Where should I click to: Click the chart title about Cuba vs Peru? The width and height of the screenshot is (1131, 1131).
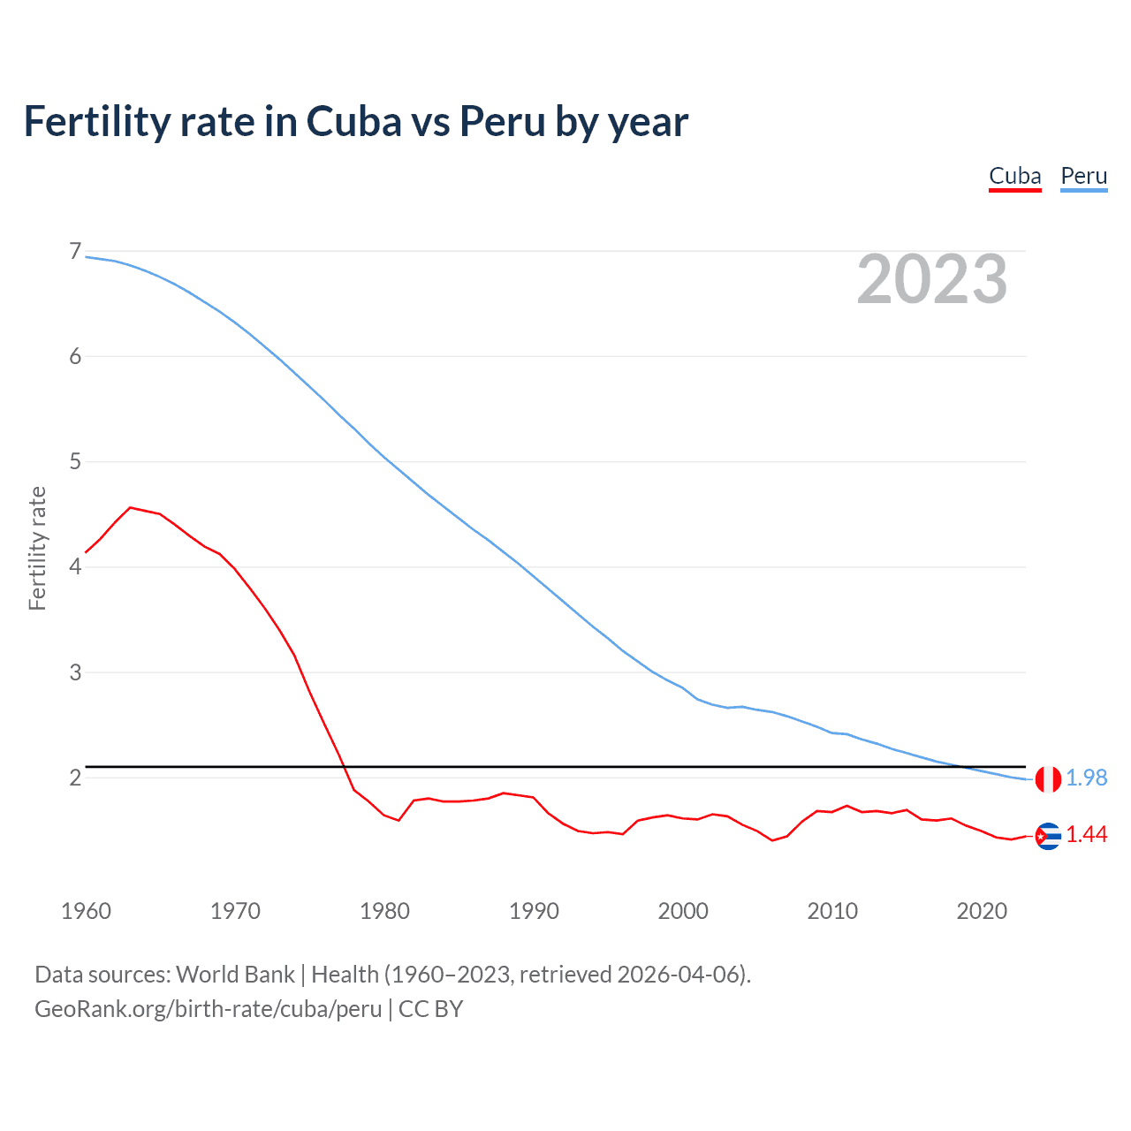(x=355, y=122)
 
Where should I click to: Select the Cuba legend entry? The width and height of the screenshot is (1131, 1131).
(x=1014, y=176)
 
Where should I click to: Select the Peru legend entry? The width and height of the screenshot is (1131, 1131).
(x=1083, y=176)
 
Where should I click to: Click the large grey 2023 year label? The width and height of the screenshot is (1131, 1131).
(x=931, y=279)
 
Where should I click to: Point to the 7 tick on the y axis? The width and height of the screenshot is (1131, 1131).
(x=75, y=252)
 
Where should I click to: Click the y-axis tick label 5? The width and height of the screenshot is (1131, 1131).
(x=75, y=461)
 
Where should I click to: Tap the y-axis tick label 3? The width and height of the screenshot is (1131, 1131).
(x=75, y=672)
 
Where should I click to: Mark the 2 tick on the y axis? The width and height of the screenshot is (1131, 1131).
(x=75, y=778)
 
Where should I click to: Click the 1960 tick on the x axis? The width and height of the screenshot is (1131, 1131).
(x=86, y=911)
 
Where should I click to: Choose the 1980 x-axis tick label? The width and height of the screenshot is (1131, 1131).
(x=384, y=911)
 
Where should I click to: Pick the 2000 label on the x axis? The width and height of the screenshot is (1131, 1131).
(x=683, y=911)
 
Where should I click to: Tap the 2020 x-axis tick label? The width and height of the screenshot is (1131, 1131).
(x=982, y=911)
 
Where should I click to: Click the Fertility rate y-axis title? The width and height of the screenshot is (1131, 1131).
(x=37, y=548)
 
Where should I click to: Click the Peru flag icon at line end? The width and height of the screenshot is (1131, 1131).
(x=1048, y=778)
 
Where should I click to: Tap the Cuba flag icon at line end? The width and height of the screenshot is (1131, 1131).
(x=1048, y=835)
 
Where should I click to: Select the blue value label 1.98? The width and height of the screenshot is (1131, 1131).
(x=1086, y=778)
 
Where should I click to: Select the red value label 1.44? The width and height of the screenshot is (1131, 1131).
(x=1086, y=835)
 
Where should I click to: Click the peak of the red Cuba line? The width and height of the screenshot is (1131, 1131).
(x=130, y=507)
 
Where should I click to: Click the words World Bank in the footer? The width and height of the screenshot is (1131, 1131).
(x=235, y=975)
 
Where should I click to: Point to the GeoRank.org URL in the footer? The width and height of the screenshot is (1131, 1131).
(x=209, y=1009)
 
